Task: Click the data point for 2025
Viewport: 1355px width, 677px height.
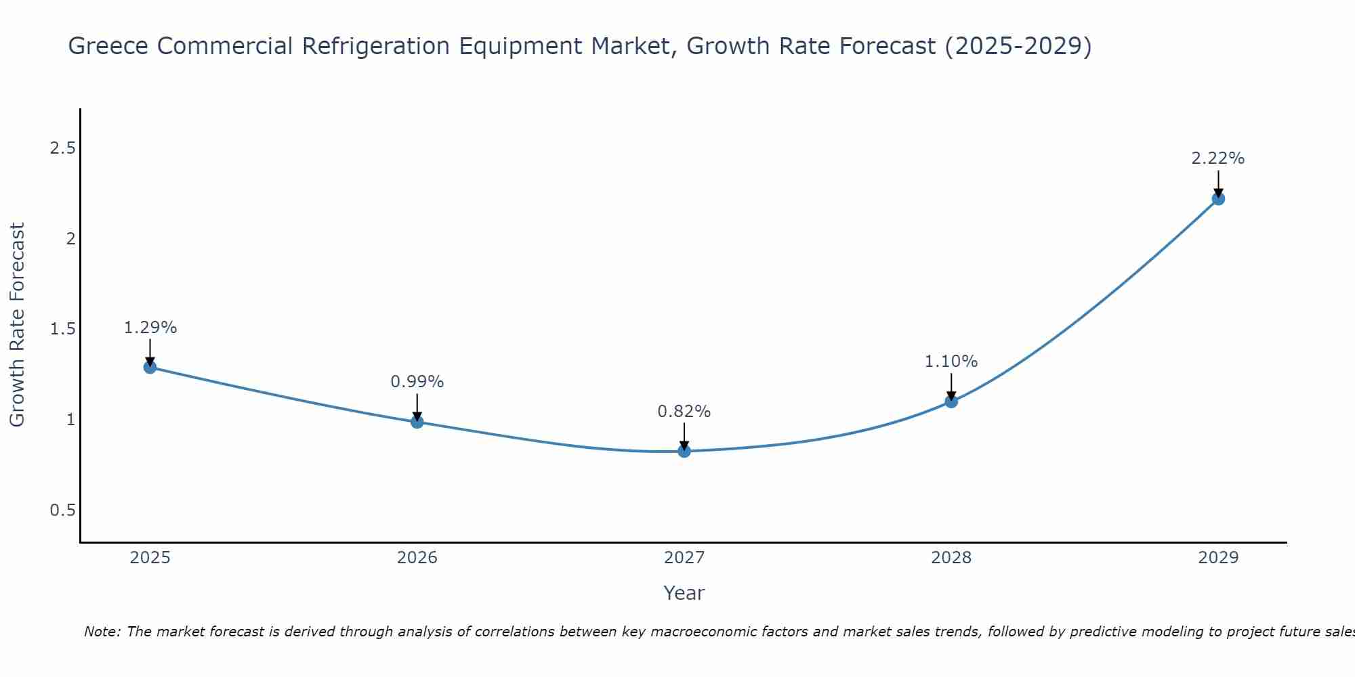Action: point(150,367)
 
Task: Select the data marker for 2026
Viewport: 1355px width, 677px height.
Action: point(417,422)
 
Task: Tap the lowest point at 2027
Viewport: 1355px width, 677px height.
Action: point(684,451)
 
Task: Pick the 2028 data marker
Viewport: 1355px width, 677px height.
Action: point(951,401)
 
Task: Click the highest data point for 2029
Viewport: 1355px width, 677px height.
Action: point(1218,198)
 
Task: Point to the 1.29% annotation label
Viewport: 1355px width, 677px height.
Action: point(150,328)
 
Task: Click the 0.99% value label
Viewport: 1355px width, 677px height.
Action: point(417,382)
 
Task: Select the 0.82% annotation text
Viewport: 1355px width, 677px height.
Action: point(684,412)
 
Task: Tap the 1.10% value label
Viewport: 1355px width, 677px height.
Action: point(951,362)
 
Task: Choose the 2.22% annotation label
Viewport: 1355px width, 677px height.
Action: point(1218,158)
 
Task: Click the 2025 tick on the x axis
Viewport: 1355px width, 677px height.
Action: point(150,558)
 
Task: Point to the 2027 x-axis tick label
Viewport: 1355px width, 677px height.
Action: point(684,558)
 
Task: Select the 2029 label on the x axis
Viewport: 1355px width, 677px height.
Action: point(1218,558)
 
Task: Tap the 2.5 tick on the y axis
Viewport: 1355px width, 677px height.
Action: point(62,148)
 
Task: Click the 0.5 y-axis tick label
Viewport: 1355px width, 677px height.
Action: point(62,510)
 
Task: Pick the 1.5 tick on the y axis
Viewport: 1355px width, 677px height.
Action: point(62,329)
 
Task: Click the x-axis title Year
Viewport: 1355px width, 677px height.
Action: point(684,593)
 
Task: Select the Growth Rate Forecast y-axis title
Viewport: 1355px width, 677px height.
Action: point(17,325)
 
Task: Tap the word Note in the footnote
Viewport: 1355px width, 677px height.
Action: point(102,632)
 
